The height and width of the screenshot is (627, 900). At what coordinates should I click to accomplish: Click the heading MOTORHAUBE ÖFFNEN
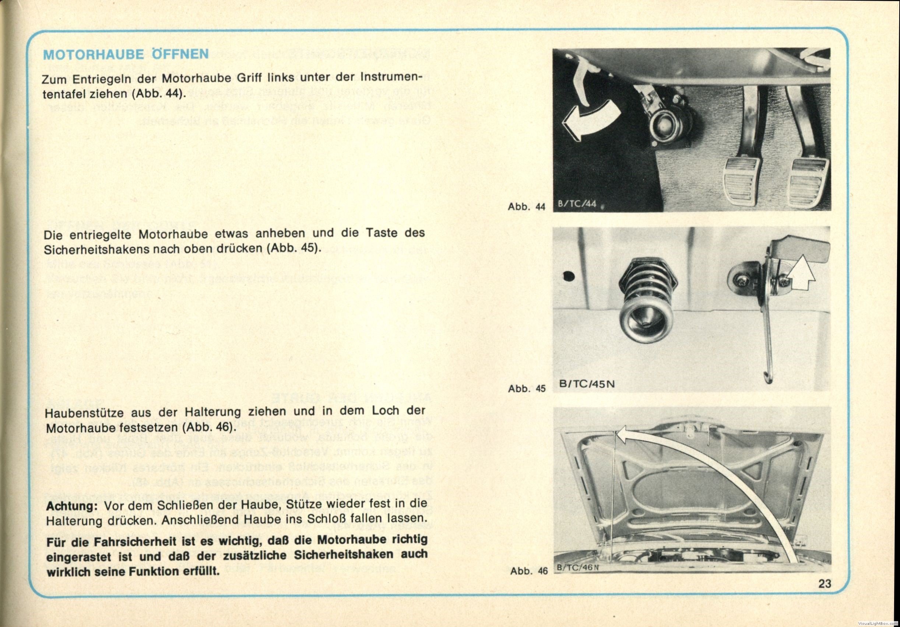pos(126,54)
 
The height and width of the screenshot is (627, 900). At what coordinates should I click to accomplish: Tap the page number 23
pos(825,584)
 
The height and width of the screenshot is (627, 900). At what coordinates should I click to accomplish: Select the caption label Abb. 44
pos(526,207)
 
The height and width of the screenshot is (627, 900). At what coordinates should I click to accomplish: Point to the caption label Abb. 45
pos(527,389)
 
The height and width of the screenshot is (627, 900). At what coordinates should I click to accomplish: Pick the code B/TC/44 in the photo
pos(577,205)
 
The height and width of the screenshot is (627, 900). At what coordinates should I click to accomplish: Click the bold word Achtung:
pos(71,506)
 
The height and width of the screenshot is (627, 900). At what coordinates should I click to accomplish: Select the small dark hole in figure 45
pos(569,276)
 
